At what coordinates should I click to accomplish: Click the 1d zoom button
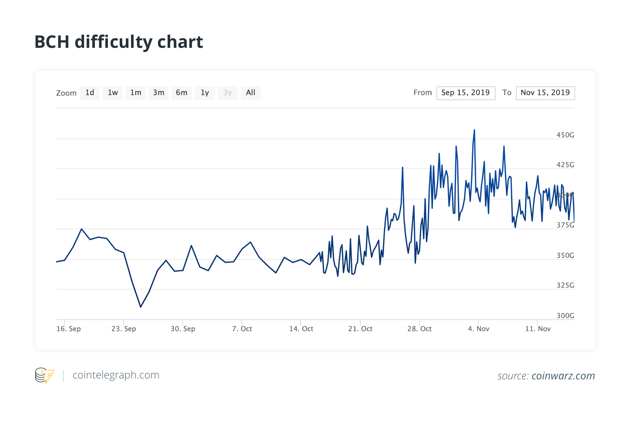90,93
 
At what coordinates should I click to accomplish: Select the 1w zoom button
113,93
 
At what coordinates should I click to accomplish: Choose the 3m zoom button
159,93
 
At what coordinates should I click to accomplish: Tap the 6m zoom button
181,93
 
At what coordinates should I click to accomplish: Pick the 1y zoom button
205,93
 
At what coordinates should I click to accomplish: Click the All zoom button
251,93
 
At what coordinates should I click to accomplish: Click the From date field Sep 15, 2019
466,93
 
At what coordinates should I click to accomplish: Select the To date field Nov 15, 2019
545,93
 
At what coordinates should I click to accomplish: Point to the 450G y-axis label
565,135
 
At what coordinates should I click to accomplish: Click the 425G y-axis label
565,165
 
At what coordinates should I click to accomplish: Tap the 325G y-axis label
565,285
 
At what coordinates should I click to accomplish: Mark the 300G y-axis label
565,316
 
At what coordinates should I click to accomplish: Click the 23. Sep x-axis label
124,329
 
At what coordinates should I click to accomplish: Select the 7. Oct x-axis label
242,329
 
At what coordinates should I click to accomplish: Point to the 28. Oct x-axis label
420,329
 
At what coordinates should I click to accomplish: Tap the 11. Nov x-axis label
538,329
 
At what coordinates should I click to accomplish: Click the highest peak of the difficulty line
474,130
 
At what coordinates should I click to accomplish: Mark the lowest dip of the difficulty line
141,307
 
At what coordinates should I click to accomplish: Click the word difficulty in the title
113,42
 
